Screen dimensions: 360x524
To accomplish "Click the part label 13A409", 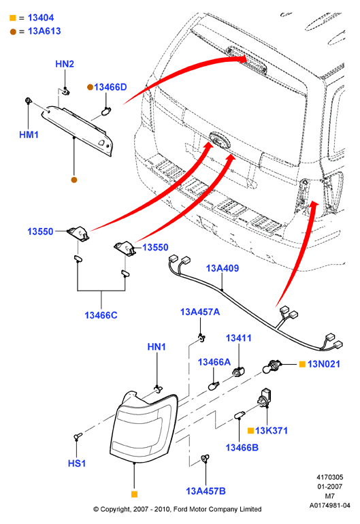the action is [x=223, y=268].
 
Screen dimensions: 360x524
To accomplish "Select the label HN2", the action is [x=65, y=64].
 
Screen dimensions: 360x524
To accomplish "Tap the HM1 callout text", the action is [x=29, y=135].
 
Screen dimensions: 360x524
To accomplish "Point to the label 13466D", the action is [x=110, y=87].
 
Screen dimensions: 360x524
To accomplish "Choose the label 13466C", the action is [x=101, y=315].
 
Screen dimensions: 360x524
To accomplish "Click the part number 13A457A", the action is [x=200, y=312].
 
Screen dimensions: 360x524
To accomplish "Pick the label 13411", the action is [x=238, y=338].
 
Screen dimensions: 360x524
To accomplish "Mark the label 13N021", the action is [x=323, y=364].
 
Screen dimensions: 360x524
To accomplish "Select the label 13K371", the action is [x=271, y=430].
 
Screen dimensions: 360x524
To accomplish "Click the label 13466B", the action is [x=242, y=448].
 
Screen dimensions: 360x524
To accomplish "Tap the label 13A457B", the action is [x=206, y=491].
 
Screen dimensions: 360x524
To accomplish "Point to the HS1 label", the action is [x=77, y=463].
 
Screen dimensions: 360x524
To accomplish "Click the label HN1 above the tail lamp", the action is [x=157, y=347].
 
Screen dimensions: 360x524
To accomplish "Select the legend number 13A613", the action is [x=44, y=31].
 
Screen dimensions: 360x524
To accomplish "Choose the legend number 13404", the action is [x=41, y=18].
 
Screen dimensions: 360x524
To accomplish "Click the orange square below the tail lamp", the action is [x=134, y=494].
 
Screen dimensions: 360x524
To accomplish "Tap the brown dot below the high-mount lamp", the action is [x=74, y=180].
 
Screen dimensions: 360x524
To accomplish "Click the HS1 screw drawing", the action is [x=78, y=436].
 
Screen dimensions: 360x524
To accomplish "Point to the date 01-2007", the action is [x=329, y=487].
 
